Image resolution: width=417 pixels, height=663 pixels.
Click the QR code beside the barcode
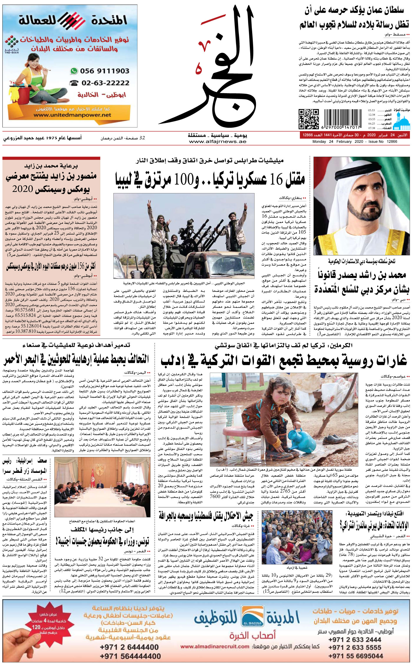click(x=309, y=119)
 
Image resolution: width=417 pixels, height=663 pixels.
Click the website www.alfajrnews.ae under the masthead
click(x=217, y=142)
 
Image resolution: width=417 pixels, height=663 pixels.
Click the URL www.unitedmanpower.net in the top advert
click(x=72, y=115)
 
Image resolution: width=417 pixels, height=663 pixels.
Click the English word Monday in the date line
click(x=319, y=142)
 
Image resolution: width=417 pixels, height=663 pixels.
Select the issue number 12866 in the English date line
click(x=392, y=142)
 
